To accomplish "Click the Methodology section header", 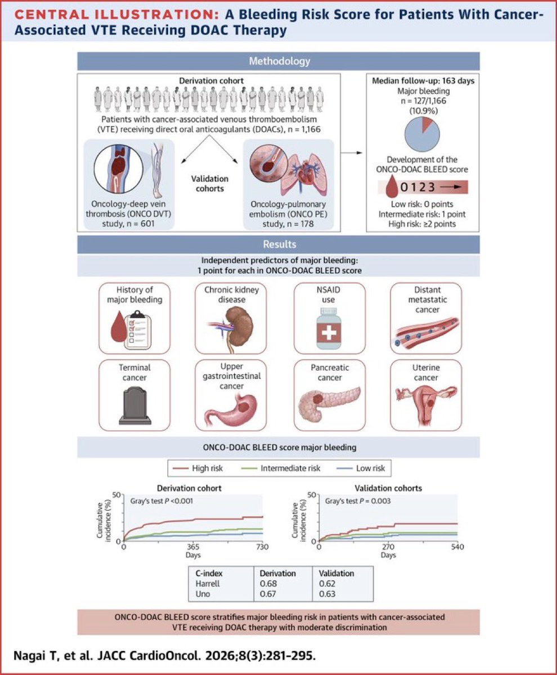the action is (x=279, y=61).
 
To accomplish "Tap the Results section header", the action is (x=279, y=244).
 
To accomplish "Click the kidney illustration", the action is (x=239, y=326).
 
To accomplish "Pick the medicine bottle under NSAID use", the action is (x=329, y=328).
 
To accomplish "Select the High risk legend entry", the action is (x=198, y=468).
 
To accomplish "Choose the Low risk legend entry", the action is (x=361, y=468).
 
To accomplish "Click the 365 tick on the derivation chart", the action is (x=193, y=547).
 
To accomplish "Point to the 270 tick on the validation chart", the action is (x=388, y=547).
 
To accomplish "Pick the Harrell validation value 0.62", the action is (x=327, y=583).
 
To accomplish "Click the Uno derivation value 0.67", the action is (x=268, y=594).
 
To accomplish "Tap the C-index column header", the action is (x=209, y=573).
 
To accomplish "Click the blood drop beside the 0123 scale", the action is (x=392, y=186).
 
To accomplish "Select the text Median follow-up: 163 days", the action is (x=423, y=81).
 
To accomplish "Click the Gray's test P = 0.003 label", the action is (x=358, y=501).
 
